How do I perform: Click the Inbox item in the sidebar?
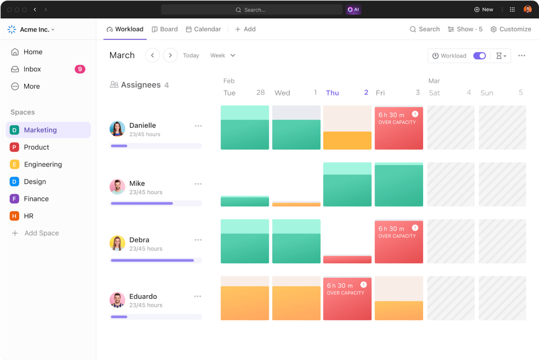[32, 69]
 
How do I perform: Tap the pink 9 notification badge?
[80, 69]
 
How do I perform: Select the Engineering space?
[43, 164]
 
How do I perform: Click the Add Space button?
[41, 233]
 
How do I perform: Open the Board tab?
[165, 29]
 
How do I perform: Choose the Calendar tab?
[203, 29]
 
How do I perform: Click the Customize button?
[511, 29]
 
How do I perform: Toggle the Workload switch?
[479, 56]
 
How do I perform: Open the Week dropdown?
[223, 55]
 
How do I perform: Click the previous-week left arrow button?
[152, 55]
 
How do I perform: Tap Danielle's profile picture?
[117, 129]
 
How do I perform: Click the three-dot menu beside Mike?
[198, 184]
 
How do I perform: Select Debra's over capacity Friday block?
[398, 241]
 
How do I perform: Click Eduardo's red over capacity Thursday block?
[347, 298]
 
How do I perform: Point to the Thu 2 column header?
[347, 93]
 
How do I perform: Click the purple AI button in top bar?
[353, 10]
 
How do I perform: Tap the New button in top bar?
[484, 10]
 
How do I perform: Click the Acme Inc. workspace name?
[35, 30]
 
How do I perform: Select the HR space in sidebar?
[28, 216]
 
